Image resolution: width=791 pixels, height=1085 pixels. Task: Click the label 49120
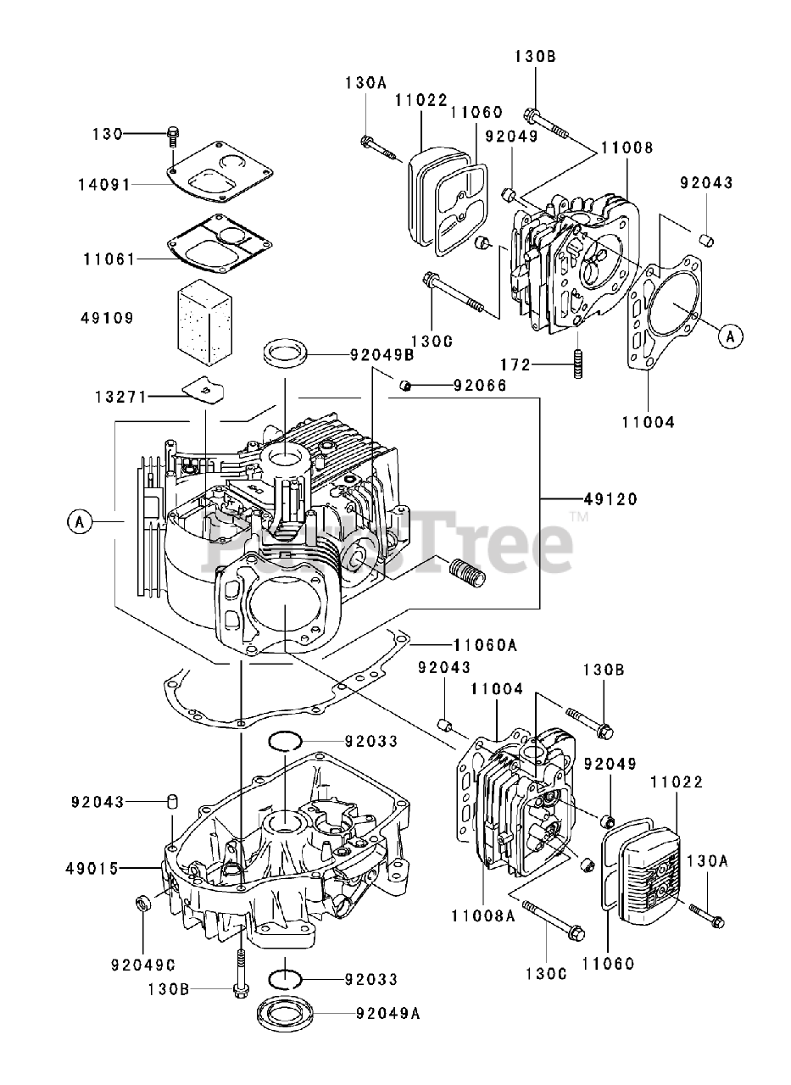[x=610, y=499]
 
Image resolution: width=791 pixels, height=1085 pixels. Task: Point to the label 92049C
[x=142, y=964]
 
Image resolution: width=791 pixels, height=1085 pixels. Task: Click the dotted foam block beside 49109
[x=204, y=315]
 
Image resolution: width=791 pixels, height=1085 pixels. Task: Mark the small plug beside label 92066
[x=406, y=387]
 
